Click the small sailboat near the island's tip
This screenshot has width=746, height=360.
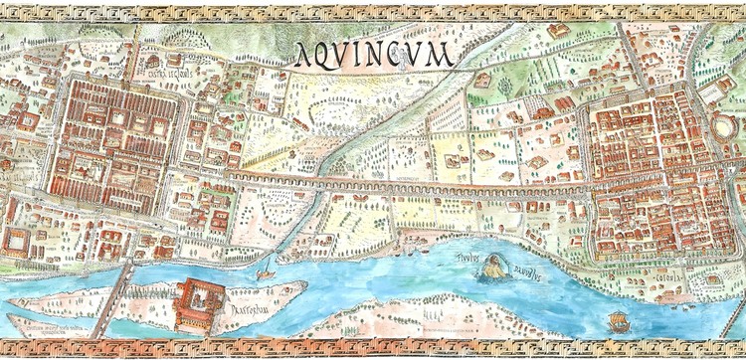[x=267, y=271]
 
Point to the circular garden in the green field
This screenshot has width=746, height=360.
[x=504, y=88]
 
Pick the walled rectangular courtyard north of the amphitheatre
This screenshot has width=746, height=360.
[x=713, y=91]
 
